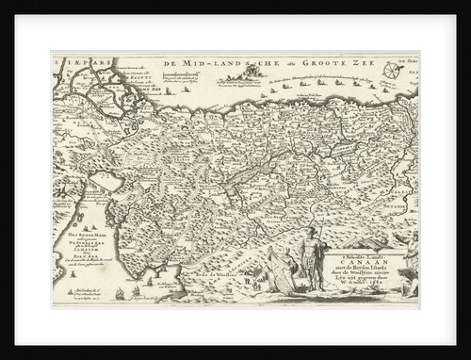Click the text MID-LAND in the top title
click(201, 63)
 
